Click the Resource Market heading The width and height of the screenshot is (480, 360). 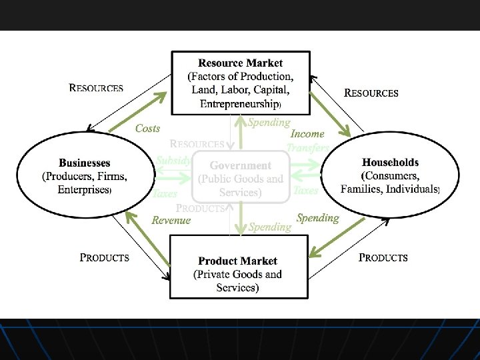click(x=240, y=63)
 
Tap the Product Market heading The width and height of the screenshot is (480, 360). click(x=238, y=261)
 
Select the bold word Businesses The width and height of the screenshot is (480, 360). click(x=85, y=163)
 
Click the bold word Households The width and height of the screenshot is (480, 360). click(x=390, y=162)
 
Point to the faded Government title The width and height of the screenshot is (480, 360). click(x=241, y=165)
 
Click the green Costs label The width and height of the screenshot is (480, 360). click(x=147, y=128)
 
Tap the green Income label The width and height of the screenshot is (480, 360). click(x=307, y=134)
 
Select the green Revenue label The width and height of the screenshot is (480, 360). click(x=171, y=220)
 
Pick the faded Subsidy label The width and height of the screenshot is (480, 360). click(x=173, y=160)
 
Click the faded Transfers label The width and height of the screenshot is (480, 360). click(x=307, y=148)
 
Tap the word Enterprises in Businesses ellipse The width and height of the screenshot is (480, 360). click(x=83, y=189)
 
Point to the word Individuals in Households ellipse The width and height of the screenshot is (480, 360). click(x=413, y=189)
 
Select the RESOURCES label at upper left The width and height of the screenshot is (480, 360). click(x=96, y=87)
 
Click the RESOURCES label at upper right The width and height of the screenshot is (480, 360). click(x=371, y=93)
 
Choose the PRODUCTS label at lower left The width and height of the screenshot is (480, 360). click(x=105, y=257)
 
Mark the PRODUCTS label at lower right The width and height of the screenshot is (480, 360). click(x=383, y=257)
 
